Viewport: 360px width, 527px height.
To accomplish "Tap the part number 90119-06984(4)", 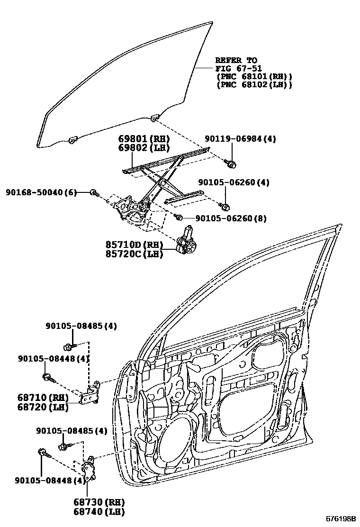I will pos(240,139).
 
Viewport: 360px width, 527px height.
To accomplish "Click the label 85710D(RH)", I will pos(134,245).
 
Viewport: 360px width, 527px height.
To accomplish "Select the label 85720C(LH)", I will pos(134,254).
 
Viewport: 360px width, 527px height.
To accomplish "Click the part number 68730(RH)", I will pos(99,502).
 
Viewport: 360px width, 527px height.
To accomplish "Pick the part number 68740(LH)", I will pos(99,511).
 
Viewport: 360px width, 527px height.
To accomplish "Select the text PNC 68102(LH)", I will pos(253,85).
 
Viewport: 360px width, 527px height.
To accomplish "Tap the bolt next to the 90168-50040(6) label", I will pos(94,192).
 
